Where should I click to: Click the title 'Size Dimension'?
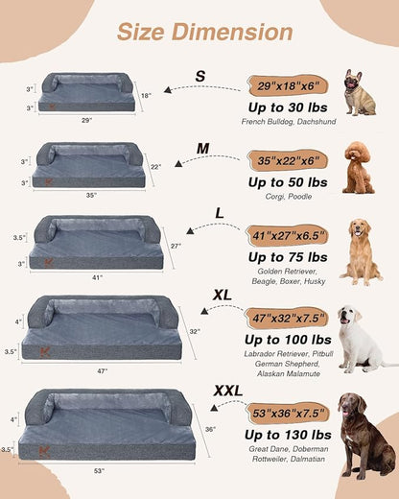[204, 32]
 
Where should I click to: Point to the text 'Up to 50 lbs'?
[287, 181]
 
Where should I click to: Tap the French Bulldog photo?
[360, 92]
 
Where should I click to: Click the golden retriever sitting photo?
[360, 251]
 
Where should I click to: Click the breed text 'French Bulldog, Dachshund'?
[287, 122]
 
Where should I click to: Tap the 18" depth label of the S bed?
[146, 97]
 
